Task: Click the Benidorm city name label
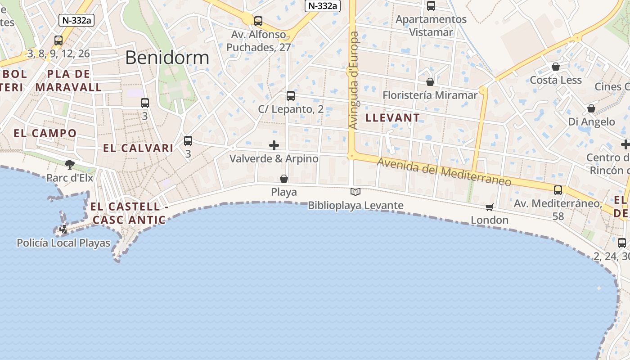click(167, 58)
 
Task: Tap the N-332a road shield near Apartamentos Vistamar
click(322, 6)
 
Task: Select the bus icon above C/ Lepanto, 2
click(291, 96)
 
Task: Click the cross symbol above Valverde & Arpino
click(274, 145)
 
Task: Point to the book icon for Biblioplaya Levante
click(355, 192)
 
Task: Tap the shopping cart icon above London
click(490, 207)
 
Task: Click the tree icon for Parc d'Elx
click(69, 164)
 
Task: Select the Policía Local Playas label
click(63, 243)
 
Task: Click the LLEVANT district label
click(393, 118)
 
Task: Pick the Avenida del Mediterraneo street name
click(445, 171)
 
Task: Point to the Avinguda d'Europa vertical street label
click(354, 80)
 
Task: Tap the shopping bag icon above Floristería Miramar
click(430, 82)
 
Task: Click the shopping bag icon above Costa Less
click(556, 67)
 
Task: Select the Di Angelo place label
click(591, 121)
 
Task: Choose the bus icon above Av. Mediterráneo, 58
click(558, 190)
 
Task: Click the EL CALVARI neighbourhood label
click(138, 148)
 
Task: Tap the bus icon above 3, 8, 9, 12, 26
click(58, 40)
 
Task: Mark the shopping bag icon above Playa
click(284, 179)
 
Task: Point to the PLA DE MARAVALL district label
click(69, 81)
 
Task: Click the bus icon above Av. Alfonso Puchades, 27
click(258, 21)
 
